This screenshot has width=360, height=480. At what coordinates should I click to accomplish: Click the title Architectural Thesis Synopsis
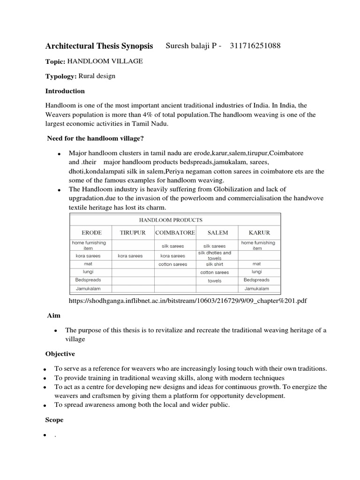(99, 46)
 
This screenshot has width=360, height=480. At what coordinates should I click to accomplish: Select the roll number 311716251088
(255, 45)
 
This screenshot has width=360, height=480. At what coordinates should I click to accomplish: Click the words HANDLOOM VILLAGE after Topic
(105, 61)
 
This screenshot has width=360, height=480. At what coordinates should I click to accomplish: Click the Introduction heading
(65, 91)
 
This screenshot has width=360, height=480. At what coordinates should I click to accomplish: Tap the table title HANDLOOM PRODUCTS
(171, 219)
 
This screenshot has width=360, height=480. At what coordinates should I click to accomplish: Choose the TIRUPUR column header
(133, 232)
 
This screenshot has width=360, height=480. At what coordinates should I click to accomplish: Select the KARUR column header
(259, 232)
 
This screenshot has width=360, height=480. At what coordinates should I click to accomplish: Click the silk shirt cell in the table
(215, 264)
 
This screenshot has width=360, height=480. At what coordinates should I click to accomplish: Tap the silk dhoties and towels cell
(215, 255)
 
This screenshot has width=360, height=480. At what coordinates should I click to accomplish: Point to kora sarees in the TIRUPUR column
(130, 256)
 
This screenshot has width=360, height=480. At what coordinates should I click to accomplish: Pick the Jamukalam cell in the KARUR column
(257, 288)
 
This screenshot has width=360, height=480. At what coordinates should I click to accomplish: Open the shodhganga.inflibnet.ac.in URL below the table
(187, 300)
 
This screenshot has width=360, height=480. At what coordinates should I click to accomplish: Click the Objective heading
(60, 353)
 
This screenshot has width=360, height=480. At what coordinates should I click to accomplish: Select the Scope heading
(54, 420)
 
